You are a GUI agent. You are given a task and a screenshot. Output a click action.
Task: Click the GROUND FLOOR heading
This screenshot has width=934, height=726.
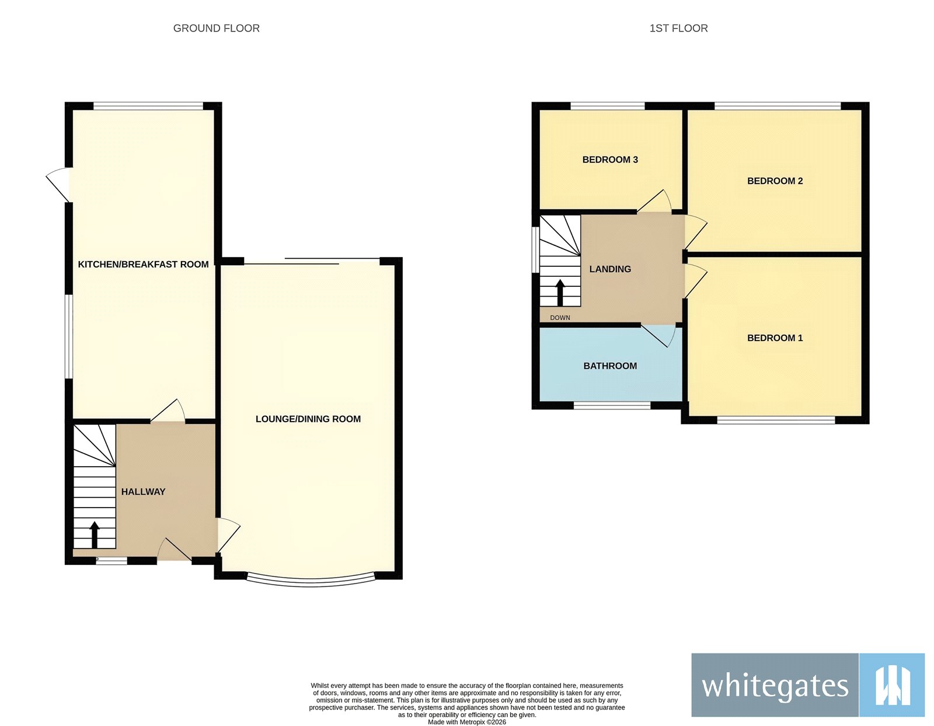tap(216, 28)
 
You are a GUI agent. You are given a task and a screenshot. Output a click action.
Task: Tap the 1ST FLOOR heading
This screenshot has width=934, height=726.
tap(678, 28)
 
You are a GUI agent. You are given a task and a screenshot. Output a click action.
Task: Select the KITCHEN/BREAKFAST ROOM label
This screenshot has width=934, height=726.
tap(143, 265)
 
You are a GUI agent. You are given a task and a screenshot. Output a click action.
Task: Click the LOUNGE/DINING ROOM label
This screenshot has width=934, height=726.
tap(308, 419)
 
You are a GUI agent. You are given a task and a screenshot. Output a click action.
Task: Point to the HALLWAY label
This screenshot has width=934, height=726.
tap(143, 492)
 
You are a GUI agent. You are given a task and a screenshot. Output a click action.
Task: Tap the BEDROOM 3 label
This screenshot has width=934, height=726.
tap(610, 159)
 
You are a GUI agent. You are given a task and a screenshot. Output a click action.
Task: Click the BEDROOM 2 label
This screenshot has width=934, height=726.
tap(775, 181)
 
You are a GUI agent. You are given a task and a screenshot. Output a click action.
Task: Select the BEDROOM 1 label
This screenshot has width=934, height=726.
tap(775, 338)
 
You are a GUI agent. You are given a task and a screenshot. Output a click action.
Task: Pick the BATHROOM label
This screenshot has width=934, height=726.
tap(610, 366)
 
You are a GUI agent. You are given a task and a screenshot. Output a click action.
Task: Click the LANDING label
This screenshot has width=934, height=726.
tap(610, 269)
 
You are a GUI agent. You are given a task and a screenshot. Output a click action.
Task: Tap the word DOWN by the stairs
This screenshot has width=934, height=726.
tap(560, 318)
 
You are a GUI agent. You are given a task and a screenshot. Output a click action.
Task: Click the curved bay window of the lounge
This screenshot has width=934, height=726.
tap(311, 581)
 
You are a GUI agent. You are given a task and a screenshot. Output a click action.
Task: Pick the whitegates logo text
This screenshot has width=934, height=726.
tap(775, 685)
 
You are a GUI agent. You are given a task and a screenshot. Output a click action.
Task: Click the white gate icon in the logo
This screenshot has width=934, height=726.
tap(892, 685)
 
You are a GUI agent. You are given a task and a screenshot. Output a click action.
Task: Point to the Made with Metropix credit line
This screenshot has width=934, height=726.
tap(466, 722)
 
